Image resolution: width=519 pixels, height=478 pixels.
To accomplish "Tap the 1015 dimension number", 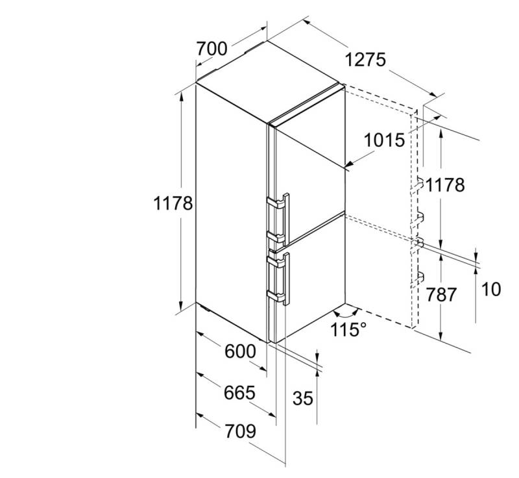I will [x=385, y=140].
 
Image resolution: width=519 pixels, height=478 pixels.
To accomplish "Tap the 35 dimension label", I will [x=302, y=398].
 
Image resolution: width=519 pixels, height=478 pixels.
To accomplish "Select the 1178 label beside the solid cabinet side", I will [x=173, y=203].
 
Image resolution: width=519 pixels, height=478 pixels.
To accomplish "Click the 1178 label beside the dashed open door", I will [x=446, y=185].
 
